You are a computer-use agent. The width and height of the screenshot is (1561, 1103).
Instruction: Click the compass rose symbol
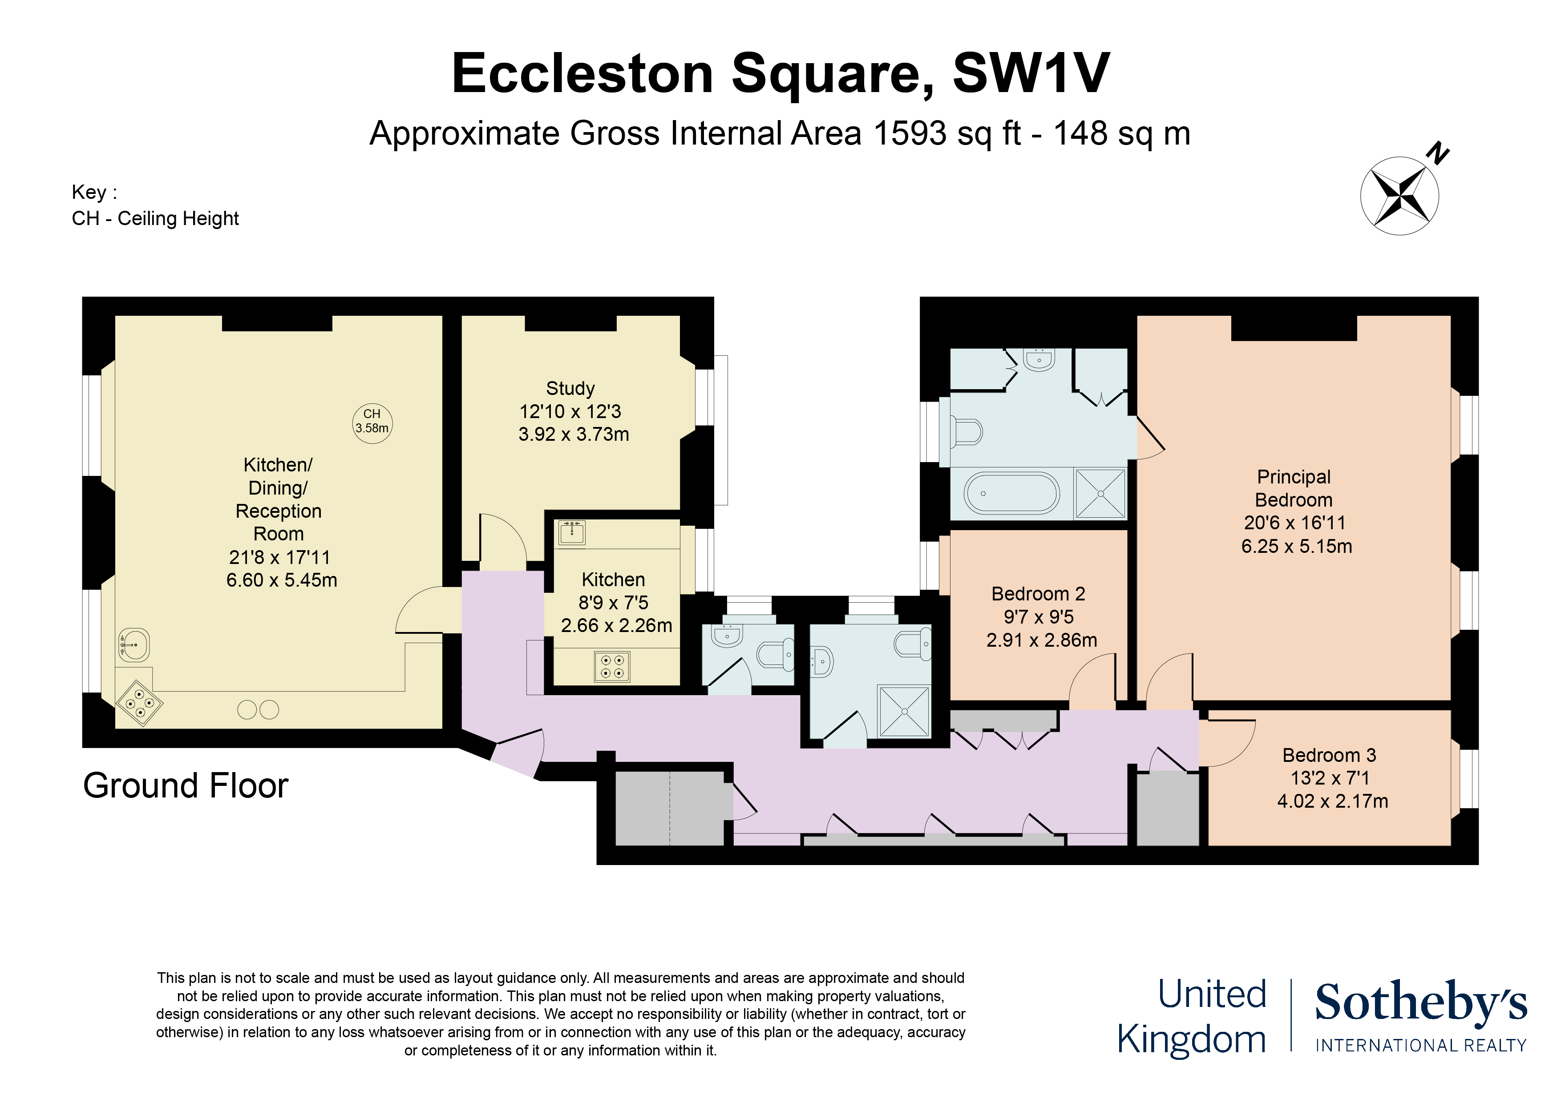[x=1399, y=196]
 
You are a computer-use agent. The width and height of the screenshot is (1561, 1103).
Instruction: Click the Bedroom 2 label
[x=1038, y=594]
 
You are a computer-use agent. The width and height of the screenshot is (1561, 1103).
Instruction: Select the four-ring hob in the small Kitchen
[x=612, y=666]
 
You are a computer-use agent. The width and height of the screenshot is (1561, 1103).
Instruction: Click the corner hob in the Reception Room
[x=139, y=704]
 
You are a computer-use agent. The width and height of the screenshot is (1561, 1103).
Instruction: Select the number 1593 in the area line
[x=910, y=133]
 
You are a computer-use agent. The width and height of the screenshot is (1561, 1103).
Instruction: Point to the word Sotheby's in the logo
[x=1420, y=1002]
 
